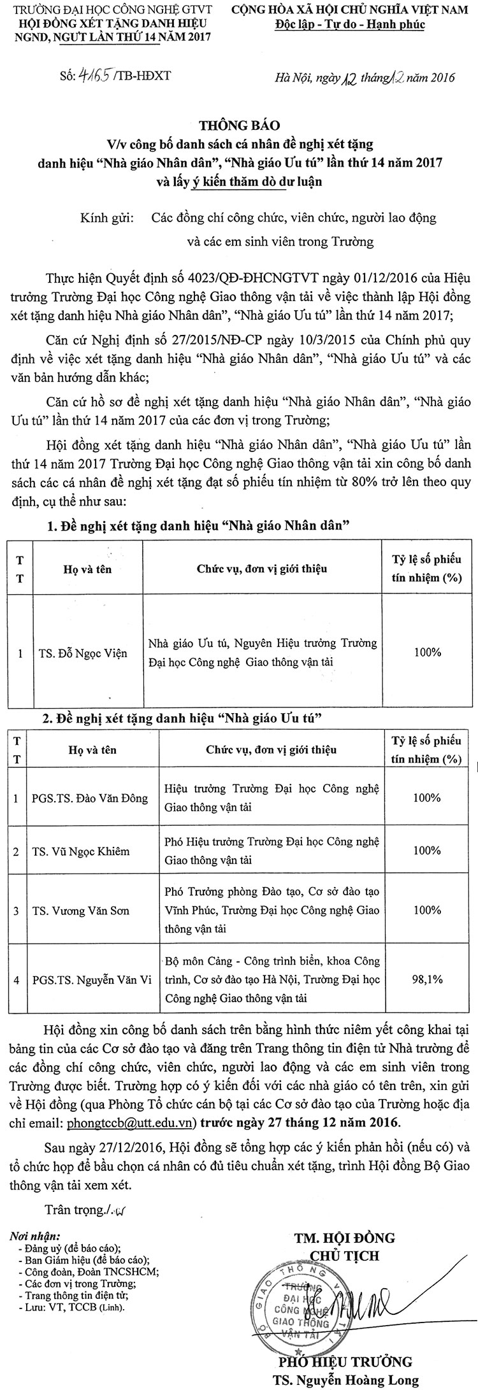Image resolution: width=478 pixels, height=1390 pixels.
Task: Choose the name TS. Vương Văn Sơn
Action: pos(80,911)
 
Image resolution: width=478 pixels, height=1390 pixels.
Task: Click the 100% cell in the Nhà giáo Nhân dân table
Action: pos(426,652)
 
